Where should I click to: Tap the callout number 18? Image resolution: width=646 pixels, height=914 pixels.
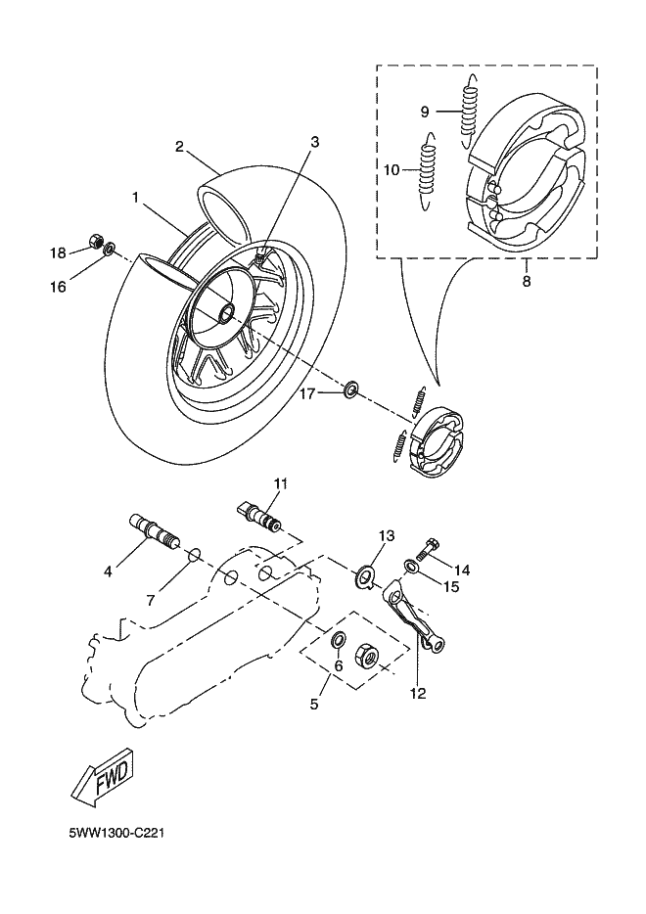[x=58, y=252]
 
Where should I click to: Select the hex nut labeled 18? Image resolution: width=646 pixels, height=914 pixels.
[x=96, y=240]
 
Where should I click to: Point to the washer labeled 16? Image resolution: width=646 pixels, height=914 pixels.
[x=110, y=251]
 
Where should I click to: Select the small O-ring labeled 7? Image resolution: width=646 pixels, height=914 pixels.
[x=194, y=555]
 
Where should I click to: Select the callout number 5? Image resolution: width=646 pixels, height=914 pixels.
[x=314, y=704]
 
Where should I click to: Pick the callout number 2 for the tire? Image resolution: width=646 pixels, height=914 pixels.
[x=179, y=147]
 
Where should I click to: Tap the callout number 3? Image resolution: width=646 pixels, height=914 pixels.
[x=315, y=142]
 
